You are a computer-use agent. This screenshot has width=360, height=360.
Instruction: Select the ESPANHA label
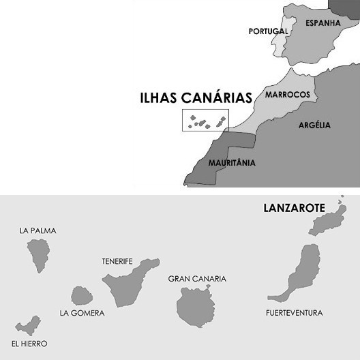coord(322,22)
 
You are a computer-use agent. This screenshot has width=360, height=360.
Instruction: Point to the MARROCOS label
coord(288,94)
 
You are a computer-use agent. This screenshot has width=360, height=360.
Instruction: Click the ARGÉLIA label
coord(314,125)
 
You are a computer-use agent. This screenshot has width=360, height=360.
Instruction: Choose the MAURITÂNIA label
coord(232,163)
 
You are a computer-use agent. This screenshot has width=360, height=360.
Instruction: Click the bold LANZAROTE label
coord(294,208)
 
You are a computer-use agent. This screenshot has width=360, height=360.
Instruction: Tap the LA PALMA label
coord(38,230)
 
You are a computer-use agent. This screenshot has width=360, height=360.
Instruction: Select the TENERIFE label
coord(117,261)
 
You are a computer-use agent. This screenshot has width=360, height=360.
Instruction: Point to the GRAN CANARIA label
coord(196,279)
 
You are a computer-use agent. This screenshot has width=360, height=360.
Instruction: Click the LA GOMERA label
coord(82,314)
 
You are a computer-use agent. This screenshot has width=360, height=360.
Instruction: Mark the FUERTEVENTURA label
coord(295,314)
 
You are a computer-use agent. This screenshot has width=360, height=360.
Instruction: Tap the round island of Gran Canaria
coord(196,306)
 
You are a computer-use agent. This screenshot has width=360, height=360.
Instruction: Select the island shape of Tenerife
coord(126,282)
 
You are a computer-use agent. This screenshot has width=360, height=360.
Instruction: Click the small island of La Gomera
coord(82,295)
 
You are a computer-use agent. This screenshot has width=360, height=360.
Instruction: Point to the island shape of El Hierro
coord(28,325)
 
